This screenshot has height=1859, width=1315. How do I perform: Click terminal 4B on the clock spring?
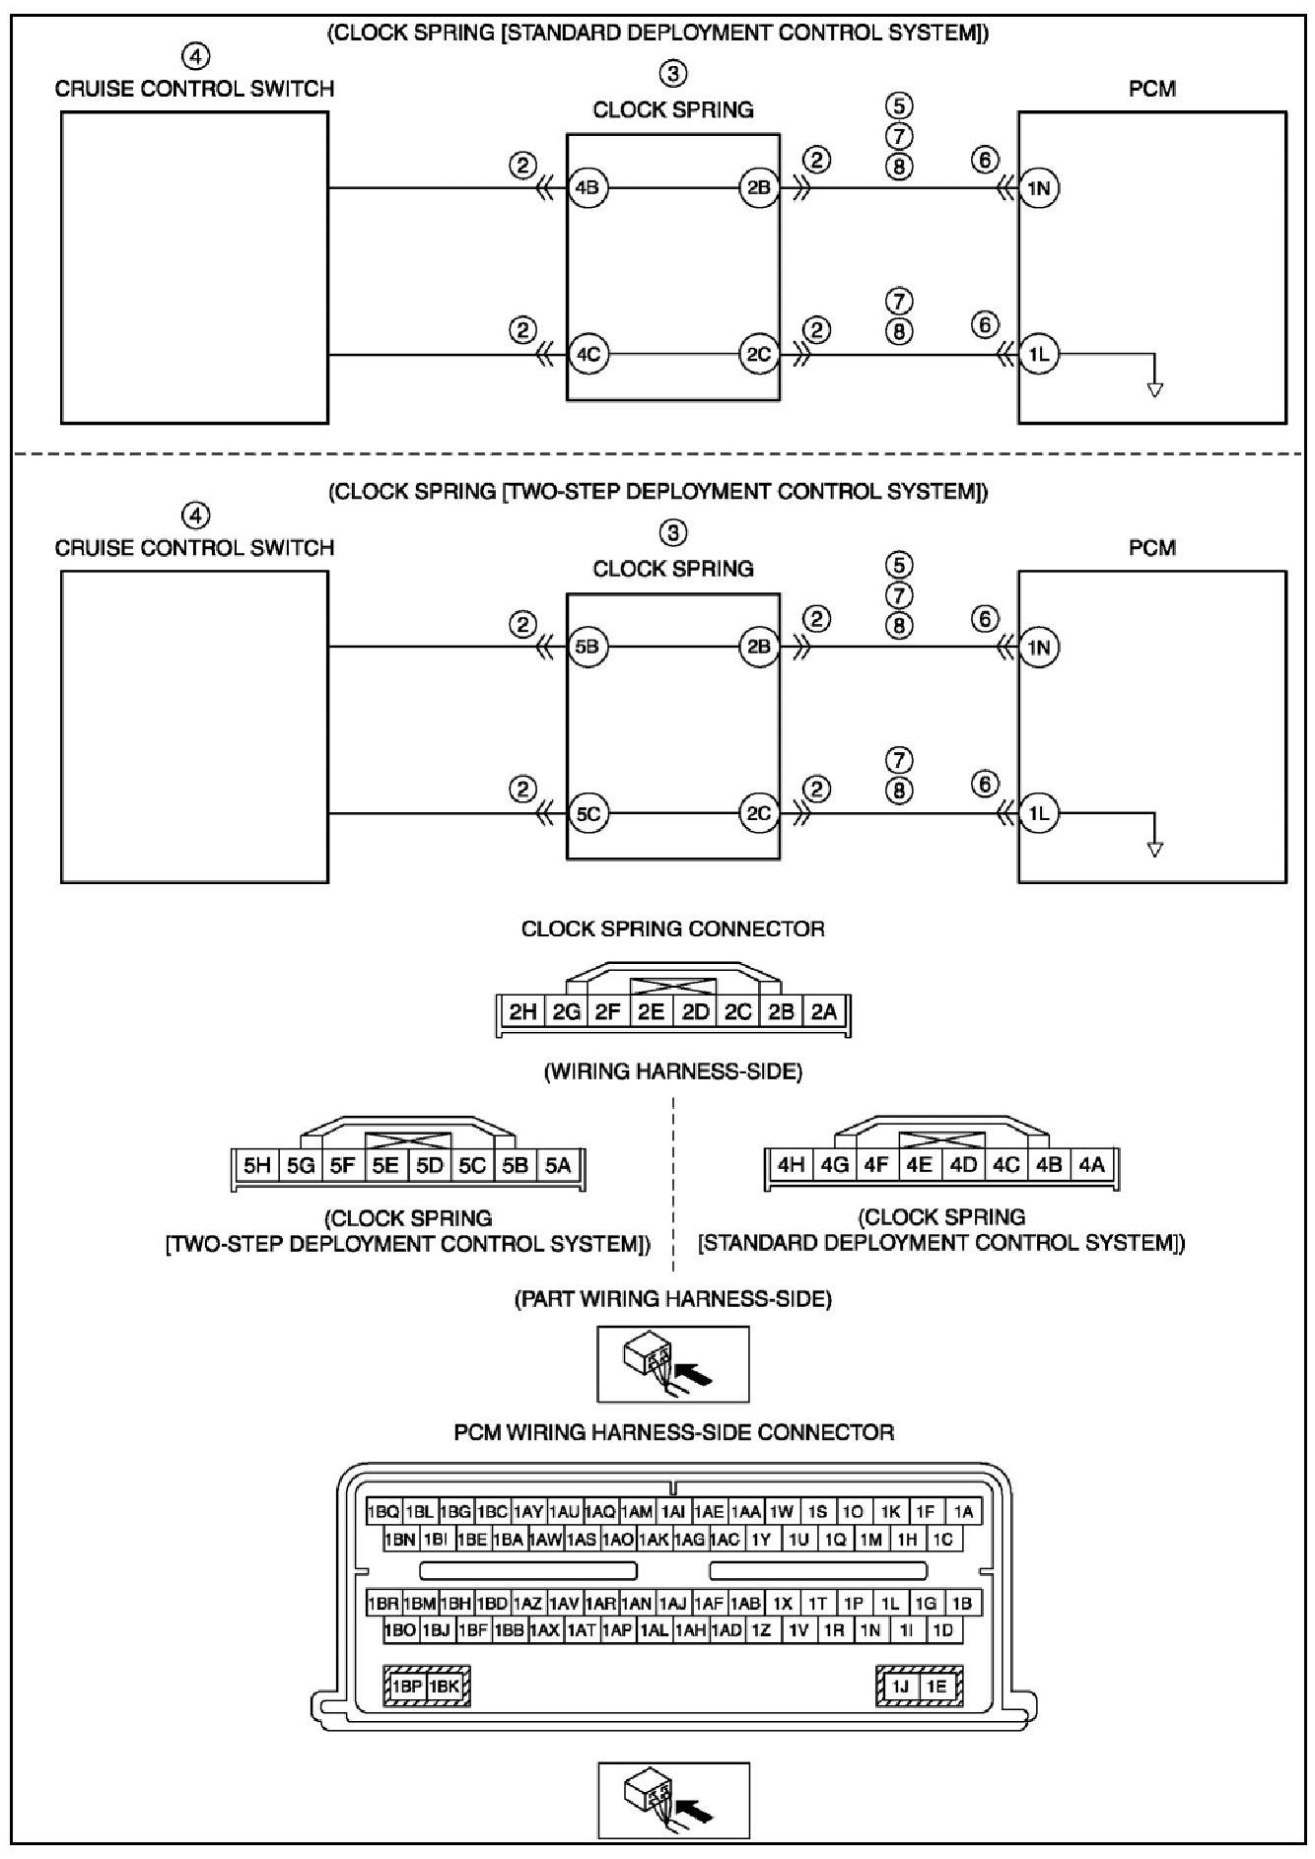click(x=588, y=187)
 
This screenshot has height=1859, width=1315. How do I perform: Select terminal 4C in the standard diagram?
click(x=588, y=354)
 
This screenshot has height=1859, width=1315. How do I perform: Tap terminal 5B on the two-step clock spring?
click(x=588, y=647)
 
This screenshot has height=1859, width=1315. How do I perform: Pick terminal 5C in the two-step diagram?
click(x=588, y=813)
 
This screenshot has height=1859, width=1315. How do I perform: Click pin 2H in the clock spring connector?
click(x=522, y=1010)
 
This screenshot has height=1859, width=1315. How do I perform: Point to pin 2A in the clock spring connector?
click(x=824, y=1010)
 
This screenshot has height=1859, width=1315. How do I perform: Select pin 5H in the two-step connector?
click(x=257, y=1165)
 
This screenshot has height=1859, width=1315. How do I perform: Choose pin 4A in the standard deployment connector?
click(x=1091, y=1164)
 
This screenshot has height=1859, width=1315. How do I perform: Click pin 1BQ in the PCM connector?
click(x=383, y=1511)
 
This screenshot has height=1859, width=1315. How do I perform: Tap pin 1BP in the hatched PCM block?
click(x=407, y=1687)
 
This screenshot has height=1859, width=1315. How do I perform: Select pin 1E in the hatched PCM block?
click(x=935, y=1687)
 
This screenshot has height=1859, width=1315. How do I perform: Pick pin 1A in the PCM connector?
click(x=963, y=1511)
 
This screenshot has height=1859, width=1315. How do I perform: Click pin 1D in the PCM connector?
click(x=942, y=1630)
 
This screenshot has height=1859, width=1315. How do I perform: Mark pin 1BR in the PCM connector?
click(x=383, y=1604)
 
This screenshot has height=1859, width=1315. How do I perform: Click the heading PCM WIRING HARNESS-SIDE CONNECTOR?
click(x=673, y=1432)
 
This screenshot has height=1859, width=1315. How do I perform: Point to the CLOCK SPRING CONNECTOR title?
click(x=672, y=929)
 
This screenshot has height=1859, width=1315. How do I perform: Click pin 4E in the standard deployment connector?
click(x=920, y=1164)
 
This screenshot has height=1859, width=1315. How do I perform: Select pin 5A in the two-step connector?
click(x=558, y=1165)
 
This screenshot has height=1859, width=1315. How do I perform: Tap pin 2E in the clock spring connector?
click(x=651, y=1010)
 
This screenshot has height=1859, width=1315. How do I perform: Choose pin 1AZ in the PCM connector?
click(x=528, y=1604)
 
